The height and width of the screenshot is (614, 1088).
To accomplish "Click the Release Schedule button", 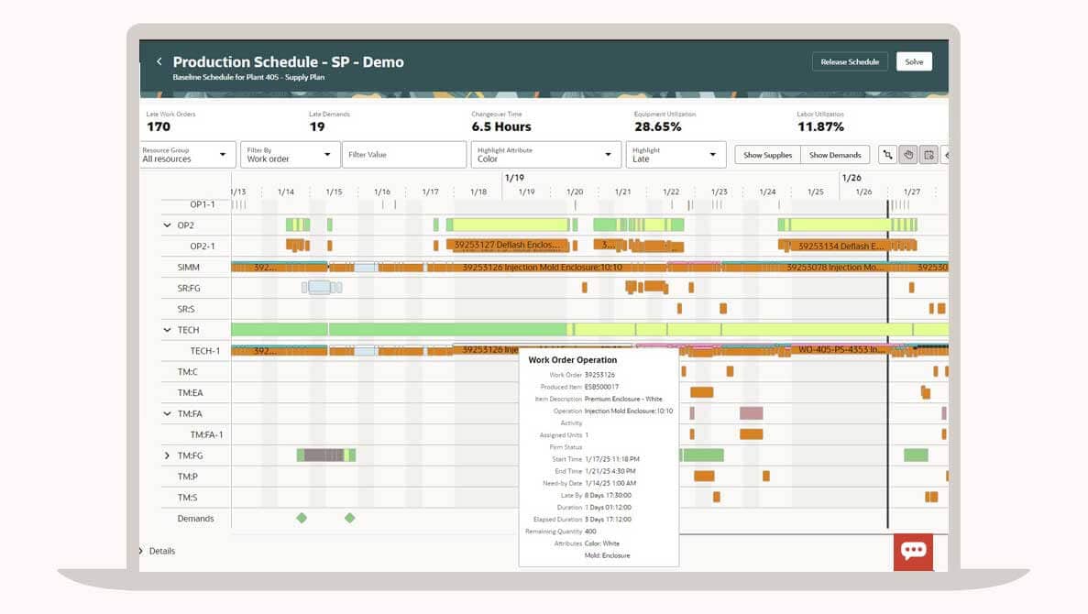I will (x=850, y=61).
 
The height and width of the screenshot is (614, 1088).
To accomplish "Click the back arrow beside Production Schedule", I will (x=159, y=61).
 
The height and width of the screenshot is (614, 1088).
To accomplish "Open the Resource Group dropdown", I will (x=188, y=155).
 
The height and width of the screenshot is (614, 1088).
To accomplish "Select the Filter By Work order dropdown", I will (x=290, y=155).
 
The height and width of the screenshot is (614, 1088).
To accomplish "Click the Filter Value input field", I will (x=403, y=155).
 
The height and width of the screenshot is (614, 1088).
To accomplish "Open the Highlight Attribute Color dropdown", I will (x=546, y=155).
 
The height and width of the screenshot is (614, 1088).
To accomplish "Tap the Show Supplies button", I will (x=767, y=155).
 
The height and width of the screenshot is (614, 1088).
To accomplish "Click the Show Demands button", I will (x=835, y=155).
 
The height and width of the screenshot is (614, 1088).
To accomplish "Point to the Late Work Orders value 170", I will (x=159, y=127).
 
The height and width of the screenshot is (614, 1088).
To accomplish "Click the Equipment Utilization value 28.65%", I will (x=657, y=127).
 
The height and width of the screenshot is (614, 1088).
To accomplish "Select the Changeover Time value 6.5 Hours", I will (x=501, y=127).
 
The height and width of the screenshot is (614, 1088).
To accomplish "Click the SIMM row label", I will (x=189, y=268).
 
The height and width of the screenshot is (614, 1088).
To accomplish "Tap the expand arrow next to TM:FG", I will (x=167, y=455).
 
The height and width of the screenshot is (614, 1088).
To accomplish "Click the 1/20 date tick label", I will (x=575, y=192).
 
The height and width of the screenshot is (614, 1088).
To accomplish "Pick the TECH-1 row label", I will (x=205, y=351).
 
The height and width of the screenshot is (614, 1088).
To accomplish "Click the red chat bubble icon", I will (x=913, y=551).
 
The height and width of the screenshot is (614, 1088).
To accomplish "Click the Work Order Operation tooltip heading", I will (x=572, y=360).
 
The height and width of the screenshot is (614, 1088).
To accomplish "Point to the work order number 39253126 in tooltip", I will (x=600, y=375).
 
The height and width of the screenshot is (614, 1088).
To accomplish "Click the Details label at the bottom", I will (x=162, y=551).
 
